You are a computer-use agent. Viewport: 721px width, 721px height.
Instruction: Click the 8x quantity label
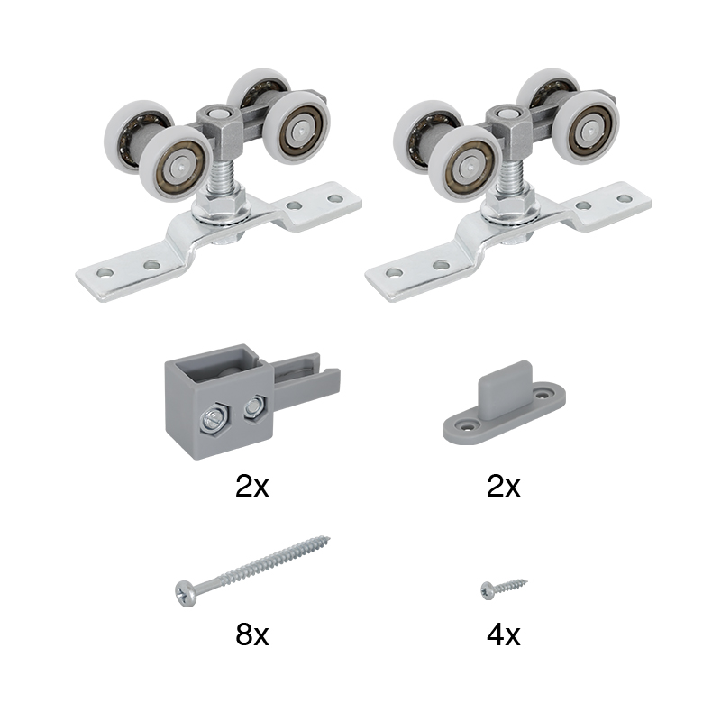[x=252, y=634]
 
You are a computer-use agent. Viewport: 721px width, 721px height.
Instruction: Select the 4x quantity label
[x=504, y=634]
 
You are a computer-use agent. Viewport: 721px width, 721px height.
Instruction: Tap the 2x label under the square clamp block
[x=252, y=486]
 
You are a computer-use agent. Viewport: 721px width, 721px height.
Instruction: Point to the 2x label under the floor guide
[x=504, y=486]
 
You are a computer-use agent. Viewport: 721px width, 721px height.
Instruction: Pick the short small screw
[x=504, y=589]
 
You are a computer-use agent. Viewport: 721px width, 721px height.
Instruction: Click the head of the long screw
[x=187, y=594]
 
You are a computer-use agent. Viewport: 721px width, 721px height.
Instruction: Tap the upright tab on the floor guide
[x=506, y=386]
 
